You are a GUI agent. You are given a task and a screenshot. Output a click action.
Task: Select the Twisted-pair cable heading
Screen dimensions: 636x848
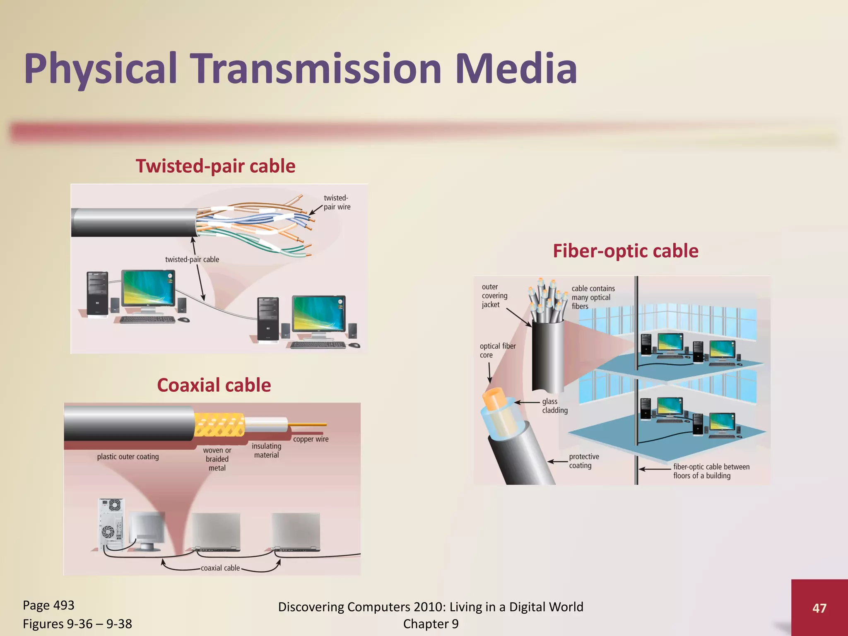click(x=215, y=166)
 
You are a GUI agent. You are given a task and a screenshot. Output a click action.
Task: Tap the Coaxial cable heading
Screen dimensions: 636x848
click(x=214, y=385)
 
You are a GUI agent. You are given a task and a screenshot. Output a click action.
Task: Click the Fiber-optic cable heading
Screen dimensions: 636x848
click(x=625, y=251)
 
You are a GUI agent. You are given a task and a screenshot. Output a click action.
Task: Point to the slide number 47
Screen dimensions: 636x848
click(x=819, y=608)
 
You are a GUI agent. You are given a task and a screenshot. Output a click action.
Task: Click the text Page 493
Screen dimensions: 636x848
click(x=48, y=605)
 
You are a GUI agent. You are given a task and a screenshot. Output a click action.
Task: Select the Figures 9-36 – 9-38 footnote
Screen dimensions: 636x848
click(x=77, y=624)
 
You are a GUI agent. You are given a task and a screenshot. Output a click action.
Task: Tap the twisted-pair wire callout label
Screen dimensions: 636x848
click(x=337, y=202)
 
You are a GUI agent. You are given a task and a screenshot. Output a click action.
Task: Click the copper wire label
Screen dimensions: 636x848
click(x=311, y=439)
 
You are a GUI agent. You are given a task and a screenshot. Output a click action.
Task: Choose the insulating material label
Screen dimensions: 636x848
click(x=266, y=450)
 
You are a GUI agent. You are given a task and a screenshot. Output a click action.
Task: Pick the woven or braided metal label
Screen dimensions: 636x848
click(x=217, y=459)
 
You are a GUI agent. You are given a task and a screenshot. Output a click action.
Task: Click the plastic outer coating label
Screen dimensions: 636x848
click(x=128, y=457)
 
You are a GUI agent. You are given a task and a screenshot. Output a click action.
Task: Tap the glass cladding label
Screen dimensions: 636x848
click(x=554, y=406)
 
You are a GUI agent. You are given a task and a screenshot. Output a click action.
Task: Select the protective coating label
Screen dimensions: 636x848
click(x=583, y=461)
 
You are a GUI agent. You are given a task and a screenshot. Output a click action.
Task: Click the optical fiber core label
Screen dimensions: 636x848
click(x=497, y=350)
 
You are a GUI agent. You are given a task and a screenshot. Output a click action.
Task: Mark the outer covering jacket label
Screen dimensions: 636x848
click(x=494, y=296)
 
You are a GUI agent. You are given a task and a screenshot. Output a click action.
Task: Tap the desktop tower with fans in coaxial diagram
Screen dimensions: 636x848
click(x=111, y=524)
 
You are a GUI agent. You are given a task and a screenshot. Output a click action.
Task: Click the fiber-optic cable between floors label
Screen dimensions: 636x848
click(x=711, y=471)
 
